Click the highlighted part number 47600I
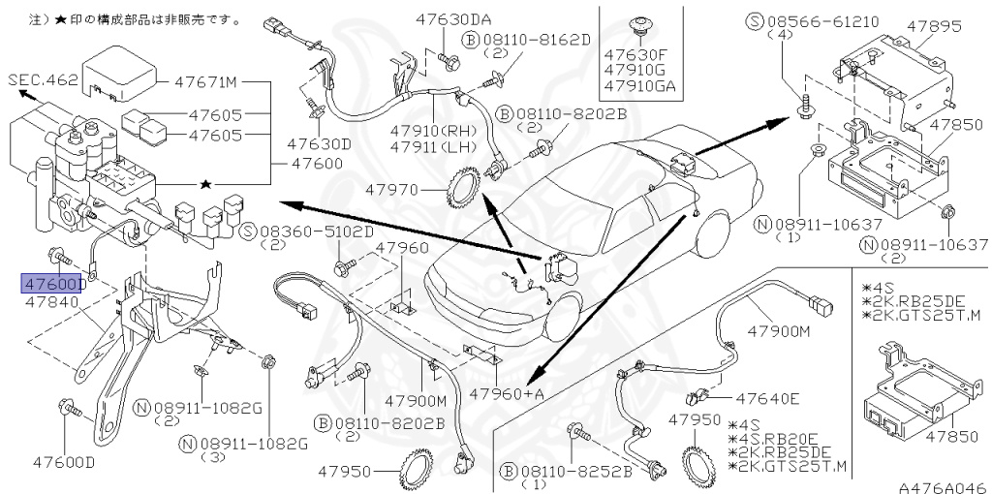[x=53, y=284]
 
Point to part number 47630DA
[x=454, y=19]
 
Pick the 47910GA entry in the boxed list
[x=639, y=86]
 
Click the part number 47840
[x=50, y=302]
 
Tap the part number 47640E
[x=767, y=398]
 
